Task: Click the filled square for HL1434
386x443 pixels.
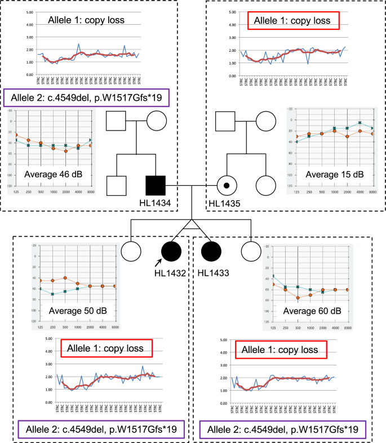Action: tap(155, 185)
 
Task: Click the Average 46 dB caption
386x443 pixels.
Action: tap(54, 174)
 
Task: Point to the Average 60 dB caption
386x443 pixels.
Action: tap(312, 311)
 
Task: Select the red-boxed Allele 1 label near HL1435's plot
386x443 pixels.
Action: tap(294, 21)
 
